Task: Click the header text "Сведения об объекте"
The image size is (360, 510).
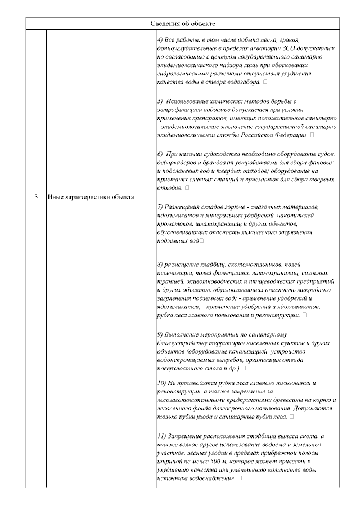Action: pyautogui.click(x=183, y=23)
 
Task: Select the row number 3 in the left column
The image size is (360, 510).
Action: pyautogui.click(x=36, y=197)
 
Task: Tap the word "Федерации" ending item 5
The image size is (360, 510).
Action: pyautogui.click(x=291, y=136)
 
